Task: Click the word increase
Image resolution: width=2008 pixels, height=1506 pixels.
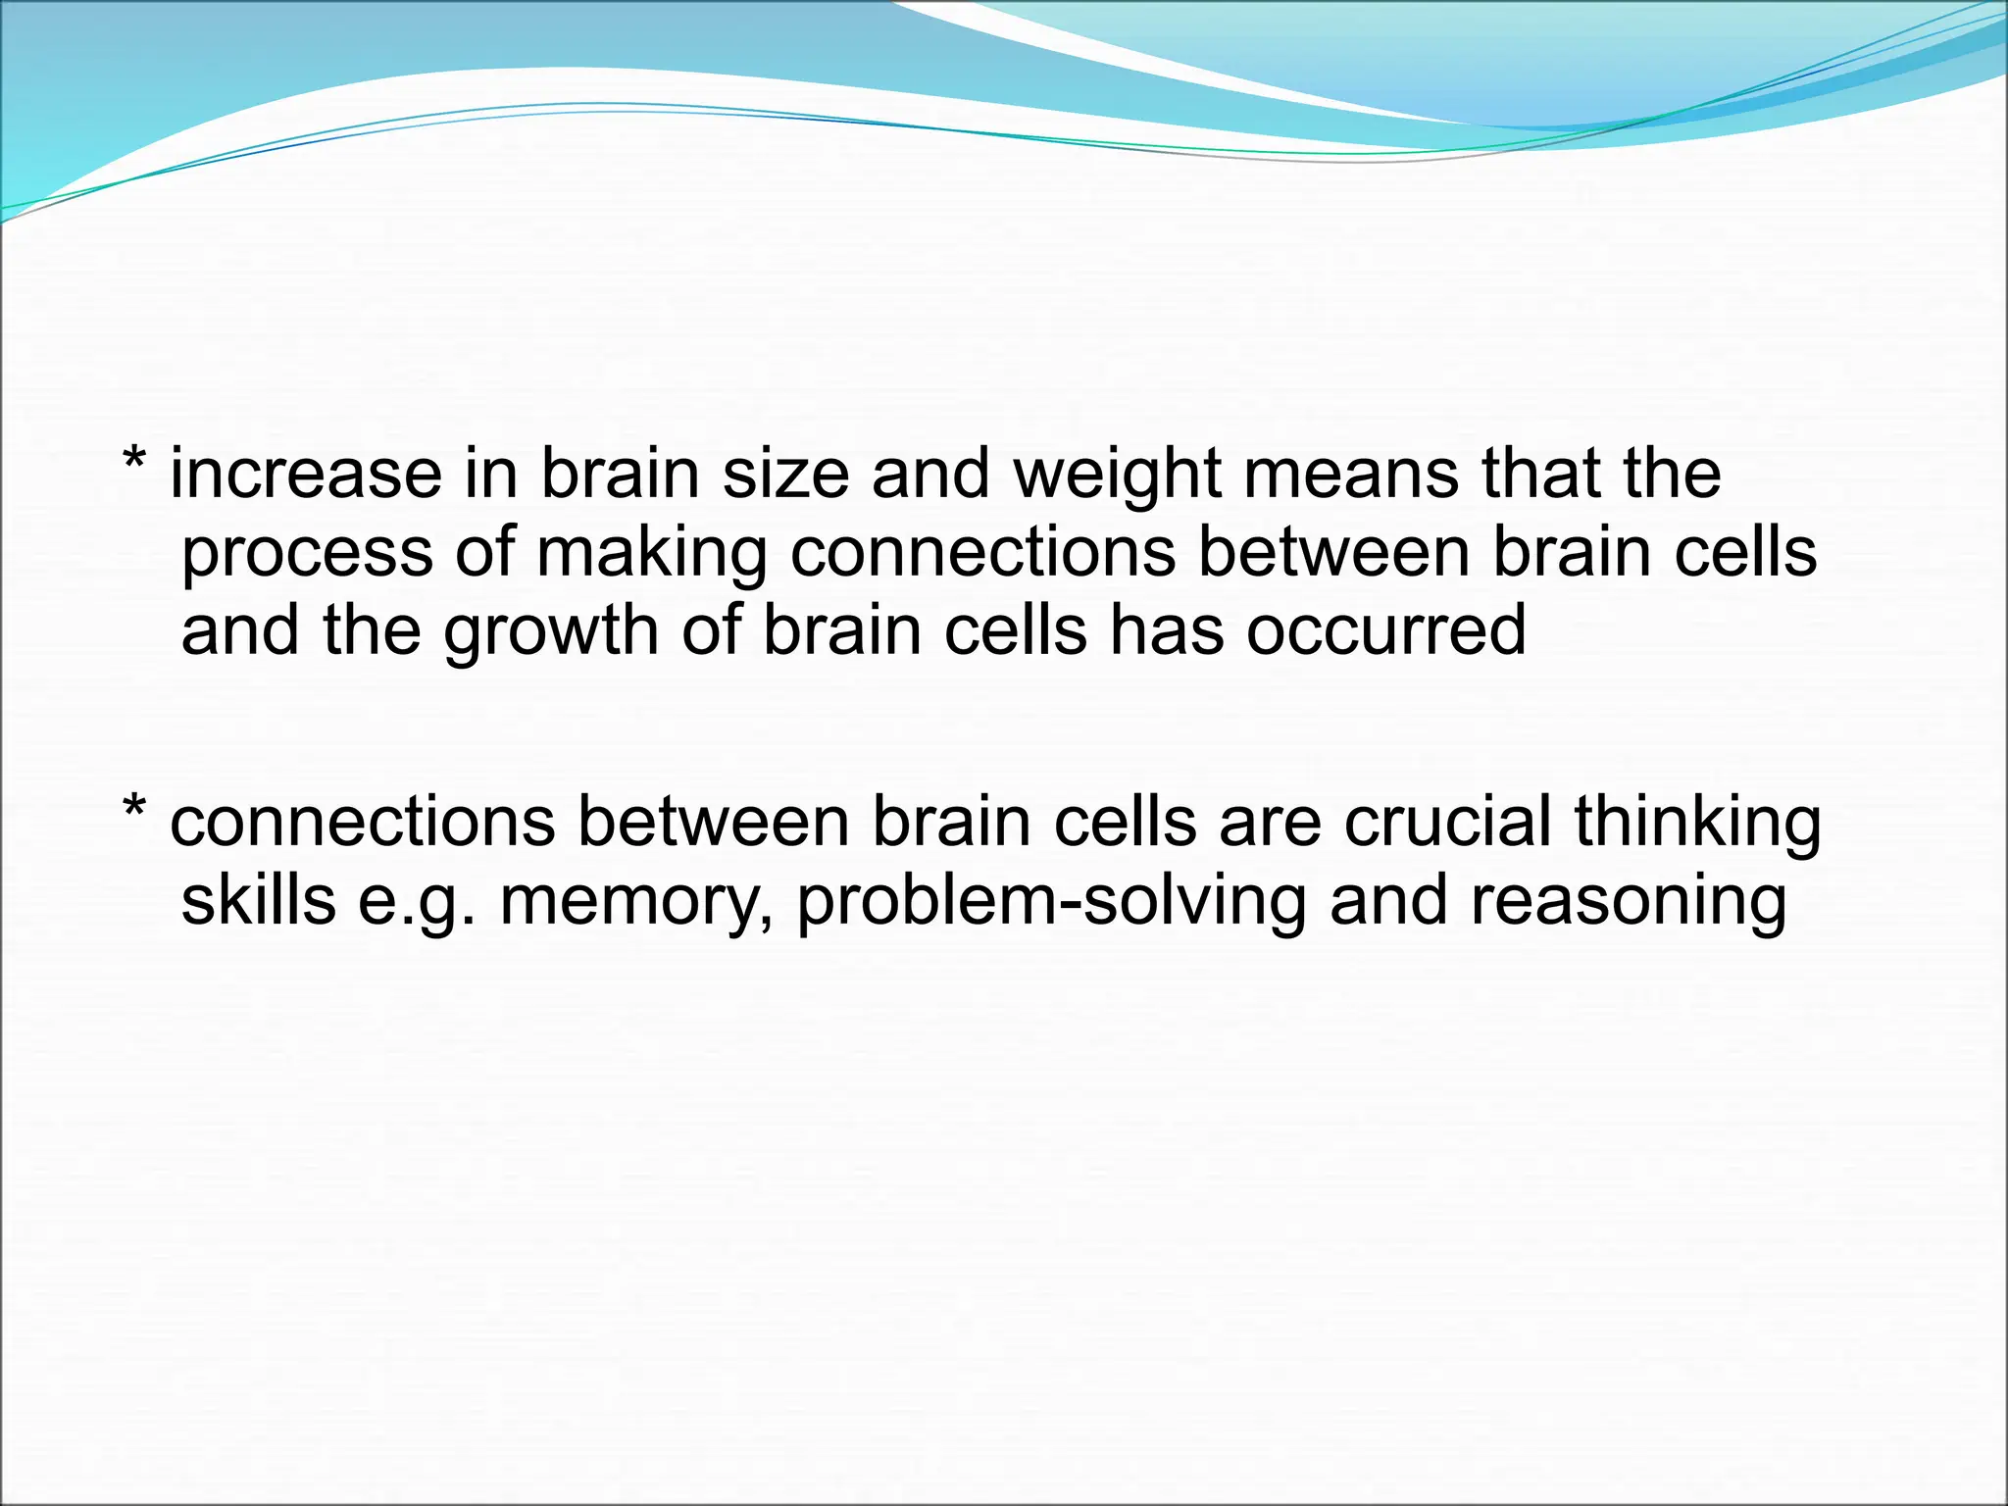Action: coord(306,475)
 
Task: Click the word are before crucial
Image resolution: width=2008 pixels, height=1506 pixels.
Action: coord(1270,824)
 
